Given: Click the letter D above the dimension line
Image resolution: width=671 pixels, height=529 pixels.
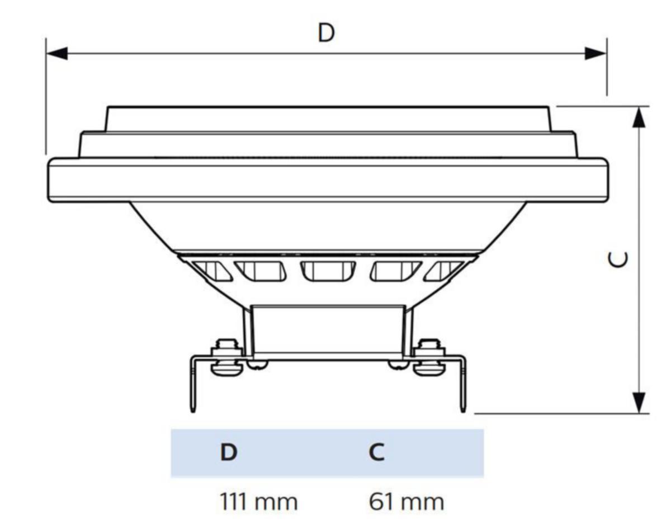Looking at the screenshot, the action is coord(326,33).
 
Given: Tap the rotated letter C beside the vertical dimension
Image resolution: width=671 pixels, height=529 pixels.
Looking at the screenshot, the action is coord(618,259).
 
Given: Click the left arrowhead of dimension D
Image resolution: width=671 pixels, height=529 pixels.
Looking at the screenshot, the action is coord(56,53).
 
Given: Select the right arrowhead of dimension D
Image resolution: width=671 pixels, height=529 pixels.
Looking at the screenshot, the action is coord(596,53).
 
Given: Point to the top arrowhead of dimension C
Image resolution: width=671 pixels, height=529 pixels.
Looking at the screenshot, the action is coord(639,117).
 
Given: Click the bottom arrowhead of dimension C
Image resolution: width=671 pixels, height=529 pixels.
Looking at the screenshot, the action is coord(639,403).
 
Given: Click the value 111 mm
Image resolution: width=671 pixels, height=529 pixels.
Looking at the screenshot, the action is coord(259,502).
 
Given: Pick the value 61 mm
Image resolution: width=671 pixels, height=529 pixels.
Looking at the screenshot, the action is coord(407,502).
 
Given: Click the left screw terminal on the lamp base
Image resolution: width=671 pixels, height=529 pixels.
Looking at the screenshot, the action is coord(226,358).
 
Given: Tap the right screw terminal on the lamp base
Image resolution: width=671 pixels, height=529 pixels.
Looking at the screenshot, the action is coord(429,358).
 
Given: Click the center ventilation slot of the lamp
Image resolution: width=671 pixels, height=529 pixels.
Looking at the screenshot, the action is coord(328,271).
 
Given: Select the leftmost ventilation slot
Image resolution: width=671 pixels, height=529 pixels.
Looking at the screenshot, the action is coord(212,271).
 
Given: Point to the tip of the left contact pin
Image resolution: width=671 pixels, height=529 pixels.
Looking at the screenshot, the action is coord(193,412).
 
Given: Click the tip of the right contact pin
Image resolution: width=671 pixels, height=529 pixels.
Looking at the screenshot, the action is coord(463,412).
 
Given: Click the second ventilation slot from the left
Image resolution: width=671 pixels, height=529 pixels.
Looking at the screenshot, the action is coord(261,271).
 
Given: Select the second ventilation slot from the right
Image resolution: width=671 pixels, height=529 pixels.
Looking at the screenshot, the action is coord(396,271).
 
